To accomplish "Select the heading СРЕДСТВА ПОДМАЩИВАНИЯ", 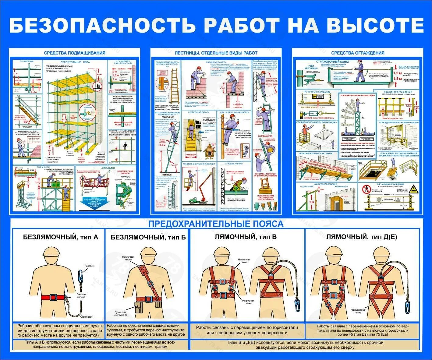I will tap(75, 53).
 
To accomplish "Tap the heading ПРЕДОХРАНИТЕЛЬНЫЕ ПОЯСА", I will tap(216, 224).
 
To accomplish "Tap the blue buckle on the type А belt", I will tap(53, 297).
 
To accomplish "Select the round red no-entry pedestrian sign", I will tap(365, 189).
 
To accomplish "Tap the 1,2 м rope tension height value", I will tap(397, 73).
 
